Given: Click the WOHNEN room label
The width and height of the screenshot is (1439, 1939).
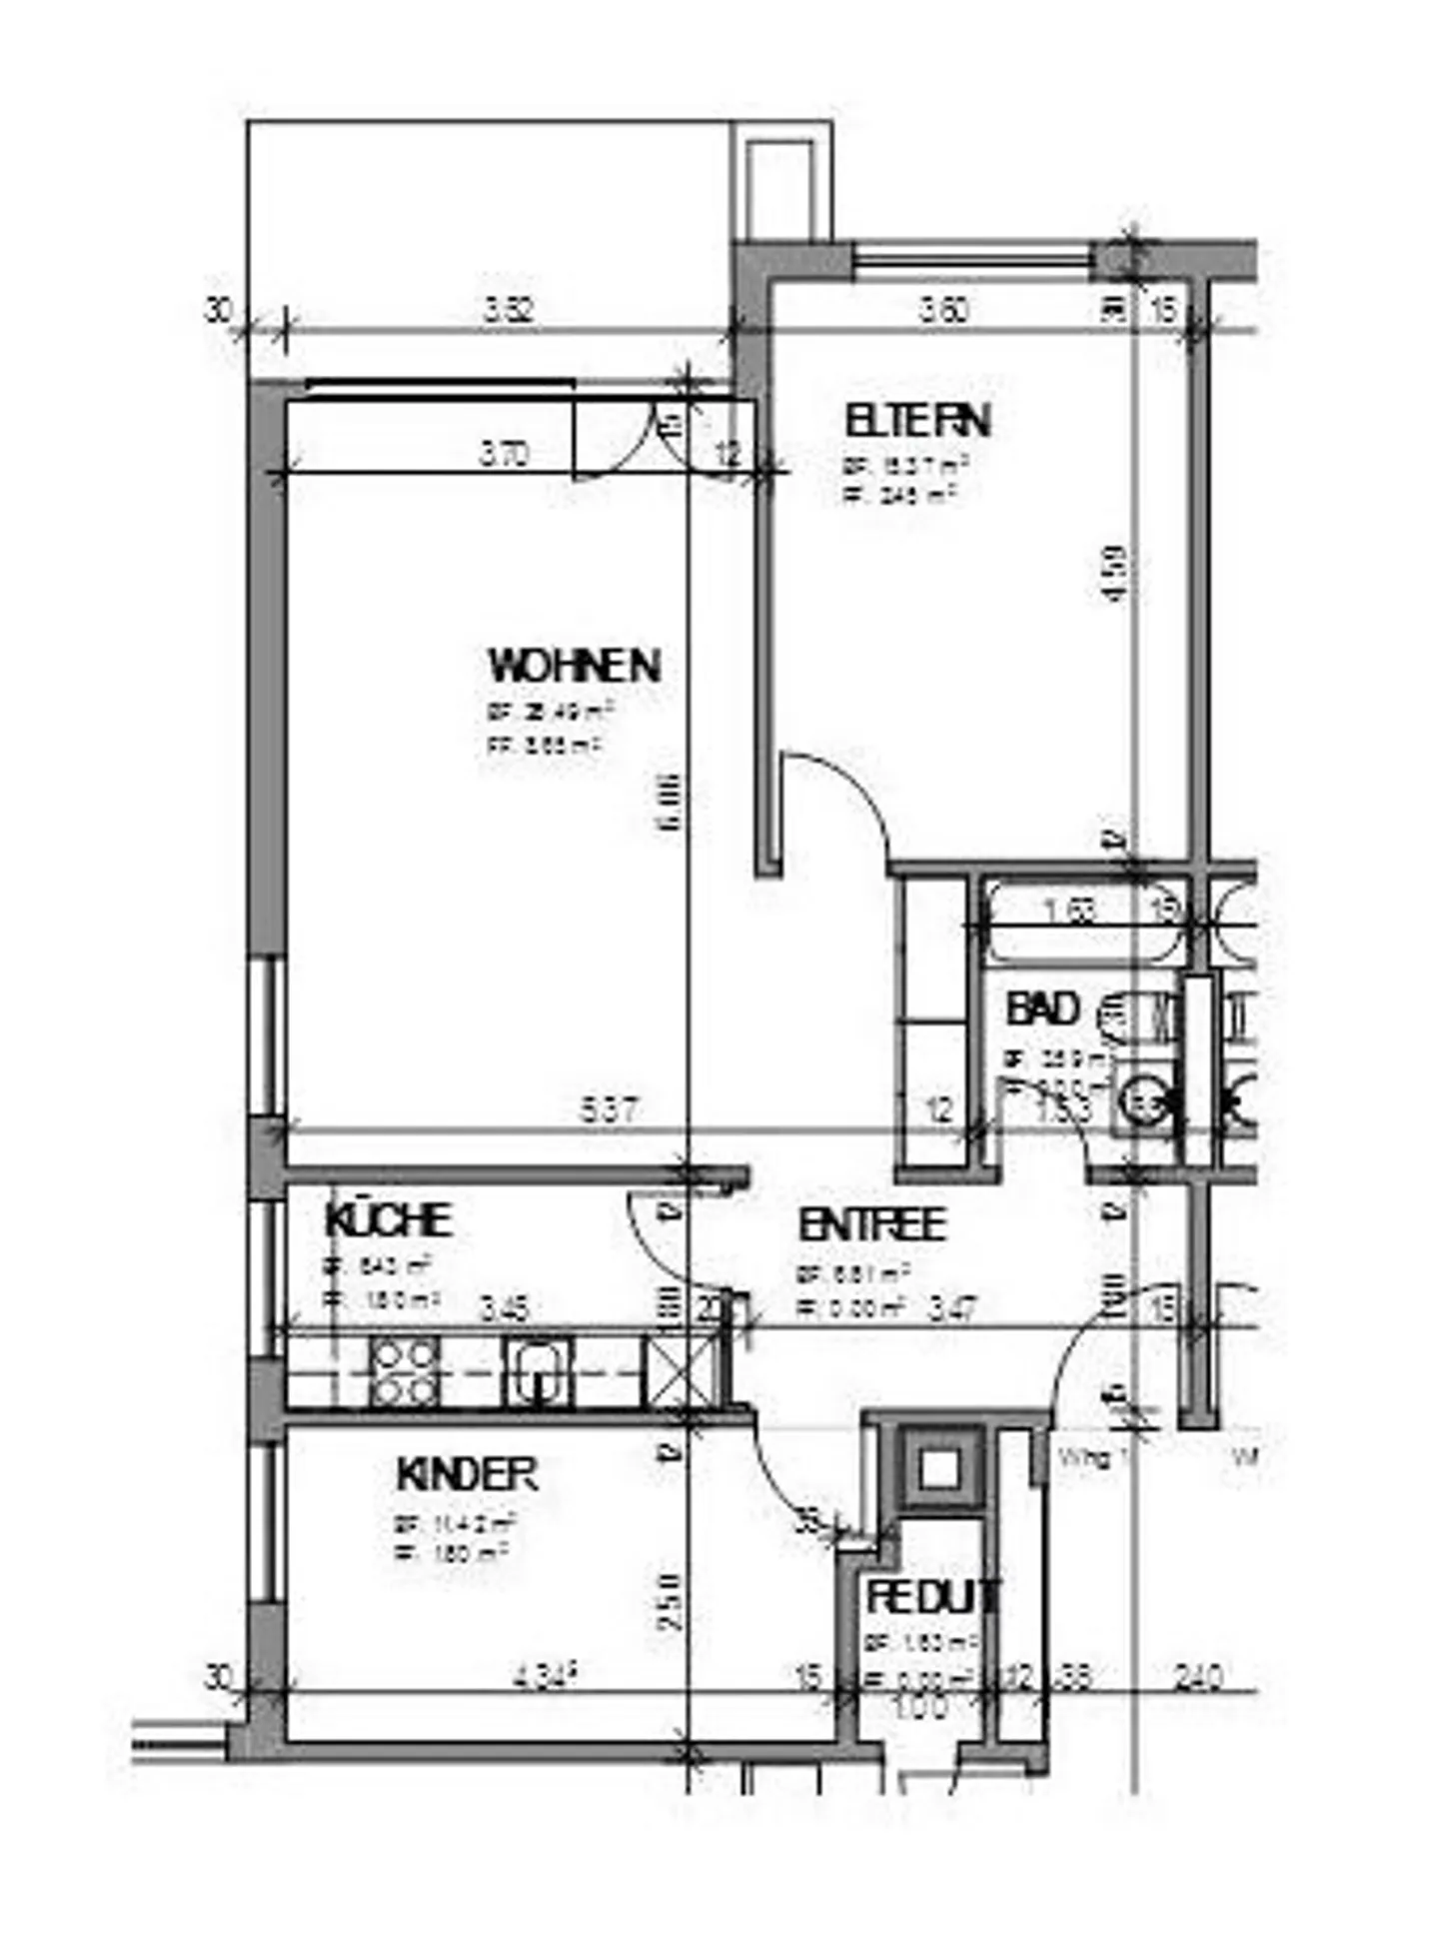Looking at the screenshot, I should point(574,667).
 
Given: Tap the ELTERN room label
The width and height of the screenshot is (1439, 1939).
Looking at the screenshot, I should point(916,421).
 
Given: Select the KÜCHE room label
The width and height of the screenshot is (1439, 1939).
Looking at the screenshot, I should point(388,1220).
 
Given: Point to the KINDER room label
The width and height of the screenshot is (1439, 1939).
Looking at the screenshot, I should point(467,1475).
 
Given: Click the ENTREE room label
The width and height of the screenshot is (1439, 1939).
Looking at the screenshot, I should point(871,1225).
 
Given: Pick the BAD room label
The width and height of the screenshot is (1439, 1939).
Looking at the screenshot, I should point(1041,1008).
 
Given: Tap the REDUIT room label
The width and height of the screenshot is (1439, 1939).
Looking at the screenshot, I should point(931,1597).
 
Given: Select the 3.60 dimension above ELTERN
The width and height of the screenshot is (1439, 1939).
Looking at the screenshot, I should point(943,310).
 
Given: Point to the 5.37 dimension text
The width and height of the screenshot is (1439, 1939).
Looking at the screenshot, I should point(609,1110).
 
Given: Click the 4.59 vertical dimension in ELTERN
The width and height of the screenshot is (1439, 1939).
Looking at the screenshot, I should point(1116,573).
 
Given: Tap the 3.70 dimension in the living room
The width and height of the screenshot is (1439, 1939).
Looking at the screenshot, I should point(504,455).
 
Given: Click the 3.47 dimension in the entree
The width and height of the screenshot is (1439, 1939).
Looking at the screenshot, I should point(952,1307).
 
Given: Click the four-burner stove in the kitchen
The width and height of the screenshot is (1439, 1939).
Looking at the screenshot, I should point(404,1372).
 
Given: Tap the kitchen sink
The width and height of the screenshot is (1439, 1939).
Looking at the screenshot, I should point(538,1370).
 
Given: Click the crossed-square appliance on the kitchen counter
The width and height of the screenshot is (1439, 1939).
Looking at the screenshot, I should point(681,1372).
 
